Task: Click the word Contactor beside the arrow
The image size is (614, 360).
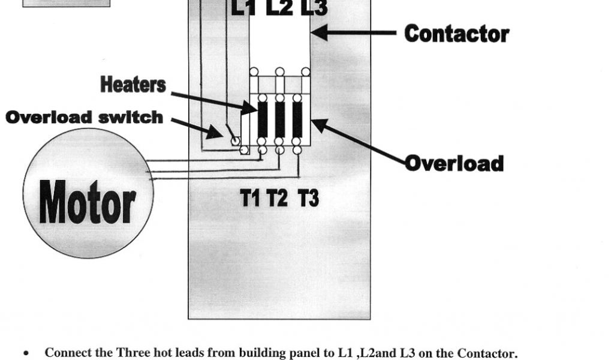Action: [456, 34]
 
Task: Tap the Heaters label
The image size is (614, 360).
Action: [133, 85]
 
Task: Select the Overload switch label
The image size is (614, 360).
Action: [84, 117]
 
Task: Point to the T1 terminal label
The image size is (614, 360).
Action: [251, 197]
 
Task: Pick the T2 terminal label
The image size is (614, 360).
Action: [278, 197]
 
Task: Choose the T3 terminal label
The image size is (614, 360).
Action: [308, 197]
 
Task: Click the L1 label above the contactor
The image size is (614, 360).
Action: [244, 8]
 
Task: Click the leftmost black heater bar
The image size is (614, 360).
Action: [262, 119]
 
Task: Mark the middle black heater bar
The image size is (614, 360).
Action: [279, 119]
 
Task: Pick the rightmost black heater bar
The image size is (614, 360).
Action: [297, 119]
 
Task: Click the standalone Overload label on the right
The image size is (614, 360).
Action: [454, 163]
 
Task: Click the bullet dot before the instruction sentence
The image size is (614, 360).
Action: [26, 353]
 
